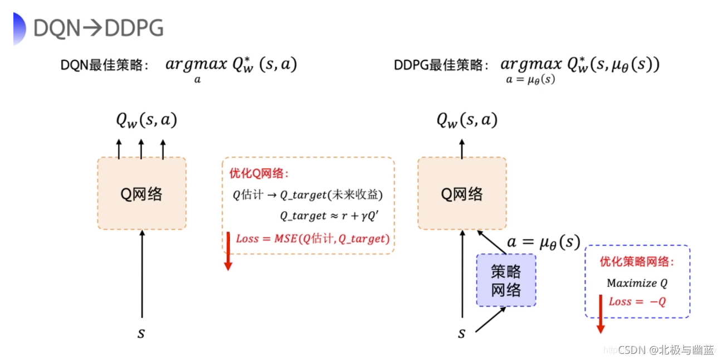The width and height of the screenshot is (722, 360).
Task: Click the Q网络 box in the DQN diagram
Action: click(142, 193)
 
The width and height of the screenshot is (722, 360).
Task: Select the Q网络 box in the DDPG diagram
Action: click(462, 193)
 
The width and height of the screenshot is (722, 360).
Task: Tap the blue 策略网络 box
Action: click(506, 280)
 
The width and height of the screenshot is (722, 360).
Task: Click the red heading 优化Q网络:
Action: click(259, 174)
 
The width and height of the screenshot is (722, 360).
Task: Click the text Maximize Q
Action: click(637, 283)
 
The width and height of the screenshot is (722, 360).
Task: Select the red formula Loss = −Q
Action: click(637, 301)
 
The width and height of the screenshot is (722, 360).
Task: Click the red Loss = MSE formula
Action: click(313, 239)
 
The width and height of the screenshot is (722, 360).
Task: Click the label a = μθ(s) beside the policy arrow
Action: click(543, 242)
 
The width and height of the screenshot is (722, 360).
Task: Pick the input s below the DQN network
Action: click(142, 334)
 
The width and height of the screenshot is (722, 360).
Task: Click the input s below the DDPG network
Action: click(461, 334)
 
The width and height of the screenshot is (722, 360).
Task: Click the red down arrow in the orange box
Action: click(227, 251)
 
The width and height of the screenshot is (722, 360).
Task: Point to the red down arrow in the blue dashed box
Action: click(600, 314)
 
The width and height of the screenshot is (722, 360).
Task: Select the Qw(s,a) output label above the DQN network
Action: click(147, 119)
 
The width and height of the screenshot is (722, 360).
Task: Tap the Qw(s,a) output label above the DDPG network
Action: click(467, 119)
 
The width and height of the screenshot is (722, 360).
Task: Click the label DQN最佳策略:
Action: click(104, 65)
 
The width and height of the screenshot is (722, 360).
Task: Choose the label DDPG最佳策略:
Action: click(441, 65)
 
